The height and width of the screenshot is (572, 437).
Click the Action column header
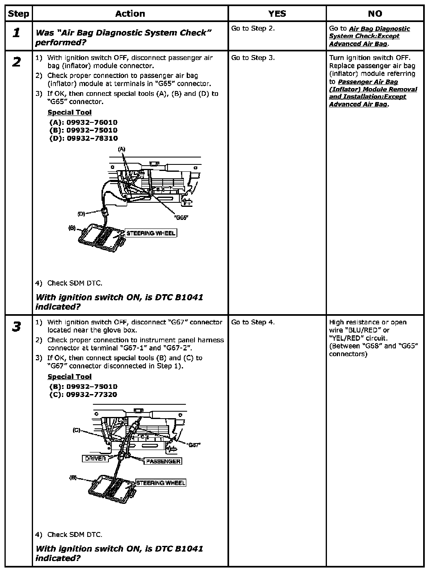[130, 14]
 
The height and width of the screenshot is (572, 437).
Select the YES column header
[277, 14]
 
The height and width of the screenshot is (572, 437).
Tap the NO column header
[375, 14]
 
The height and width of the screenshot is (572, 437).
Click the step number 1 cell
[16, 33]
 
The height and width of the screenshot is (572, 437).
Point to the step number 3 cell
[16, 326]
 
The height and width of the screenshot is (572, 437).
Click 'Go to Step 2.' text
[253, 29]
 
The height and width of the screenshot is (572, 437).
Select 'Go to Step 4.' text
[253, 322]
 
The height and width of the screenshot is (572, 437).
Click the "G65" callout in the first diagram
[181, 218]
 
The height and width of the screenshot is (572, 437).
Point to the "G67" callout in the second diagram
[194, 445]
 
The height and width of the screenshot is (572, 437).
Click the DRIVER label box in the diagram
[95, 459]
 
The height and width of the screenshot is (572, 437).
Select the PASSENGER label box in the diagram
[163, 461]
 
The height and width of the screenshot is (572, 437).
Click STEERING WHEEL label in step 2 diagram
[151, 233]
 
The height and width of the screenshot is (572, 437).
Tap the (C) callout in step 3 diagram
[76, 430]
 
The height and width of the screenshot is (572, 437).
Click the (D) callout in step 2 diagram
[81, 214]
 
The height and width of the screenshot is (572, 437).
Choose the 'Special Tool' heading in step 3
[69, 377]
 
